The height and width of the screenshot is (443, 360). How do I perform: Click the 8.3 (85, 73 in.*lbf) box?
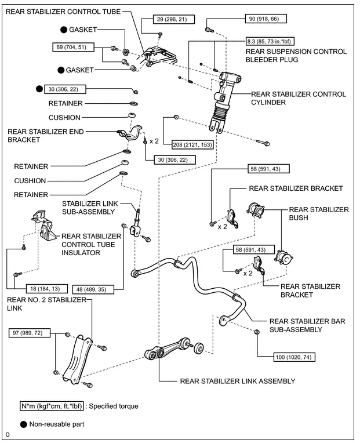point(270,41)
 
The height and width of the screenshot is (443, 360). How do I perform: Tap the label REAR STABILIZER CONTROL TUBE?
point(63,12)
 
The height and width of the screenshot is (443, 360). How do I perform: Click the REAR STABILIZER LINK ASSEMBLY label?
point(238,381)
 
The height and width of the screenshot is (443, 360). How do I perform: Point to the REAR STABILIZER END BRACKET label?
point(46,136)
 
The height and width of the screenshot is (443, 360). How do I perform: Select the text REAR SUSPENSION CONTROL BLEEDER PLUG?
point(296,56)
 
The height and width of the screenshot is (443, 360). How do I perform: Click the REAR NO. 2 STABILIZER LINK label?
point(46,304)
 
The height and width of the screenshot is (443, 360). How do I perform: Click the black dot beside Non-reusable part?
point(24,424)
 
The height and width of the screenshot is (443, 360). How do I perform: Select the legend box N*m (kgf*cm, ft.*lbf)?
point(52,406)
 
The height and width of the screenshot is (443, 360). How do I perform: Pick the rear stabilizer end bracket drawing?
point(130,133)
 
